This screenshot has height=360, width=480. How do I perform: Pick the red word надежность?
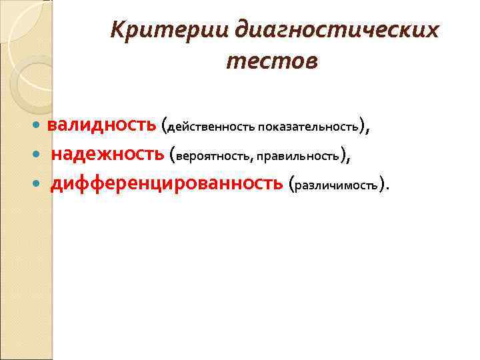coord(108,155)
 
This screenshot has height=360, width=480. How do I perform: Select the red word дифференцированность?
coord(167,183)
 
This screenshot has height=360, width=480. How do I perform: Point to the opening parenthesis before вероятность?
coord(173,155)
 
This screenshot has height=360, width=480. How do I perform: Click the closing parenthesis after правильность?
coord(343,155)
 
